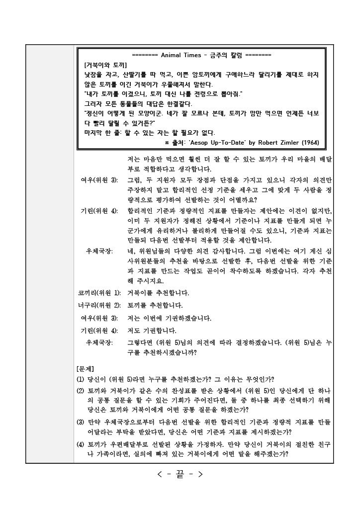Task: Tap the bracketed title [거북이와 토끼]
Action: [x=105, y=65]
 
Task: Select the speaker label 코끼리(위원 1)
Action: [x=97, y=292]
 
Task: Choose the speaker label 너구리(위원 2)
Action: [x=97, y=305]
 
